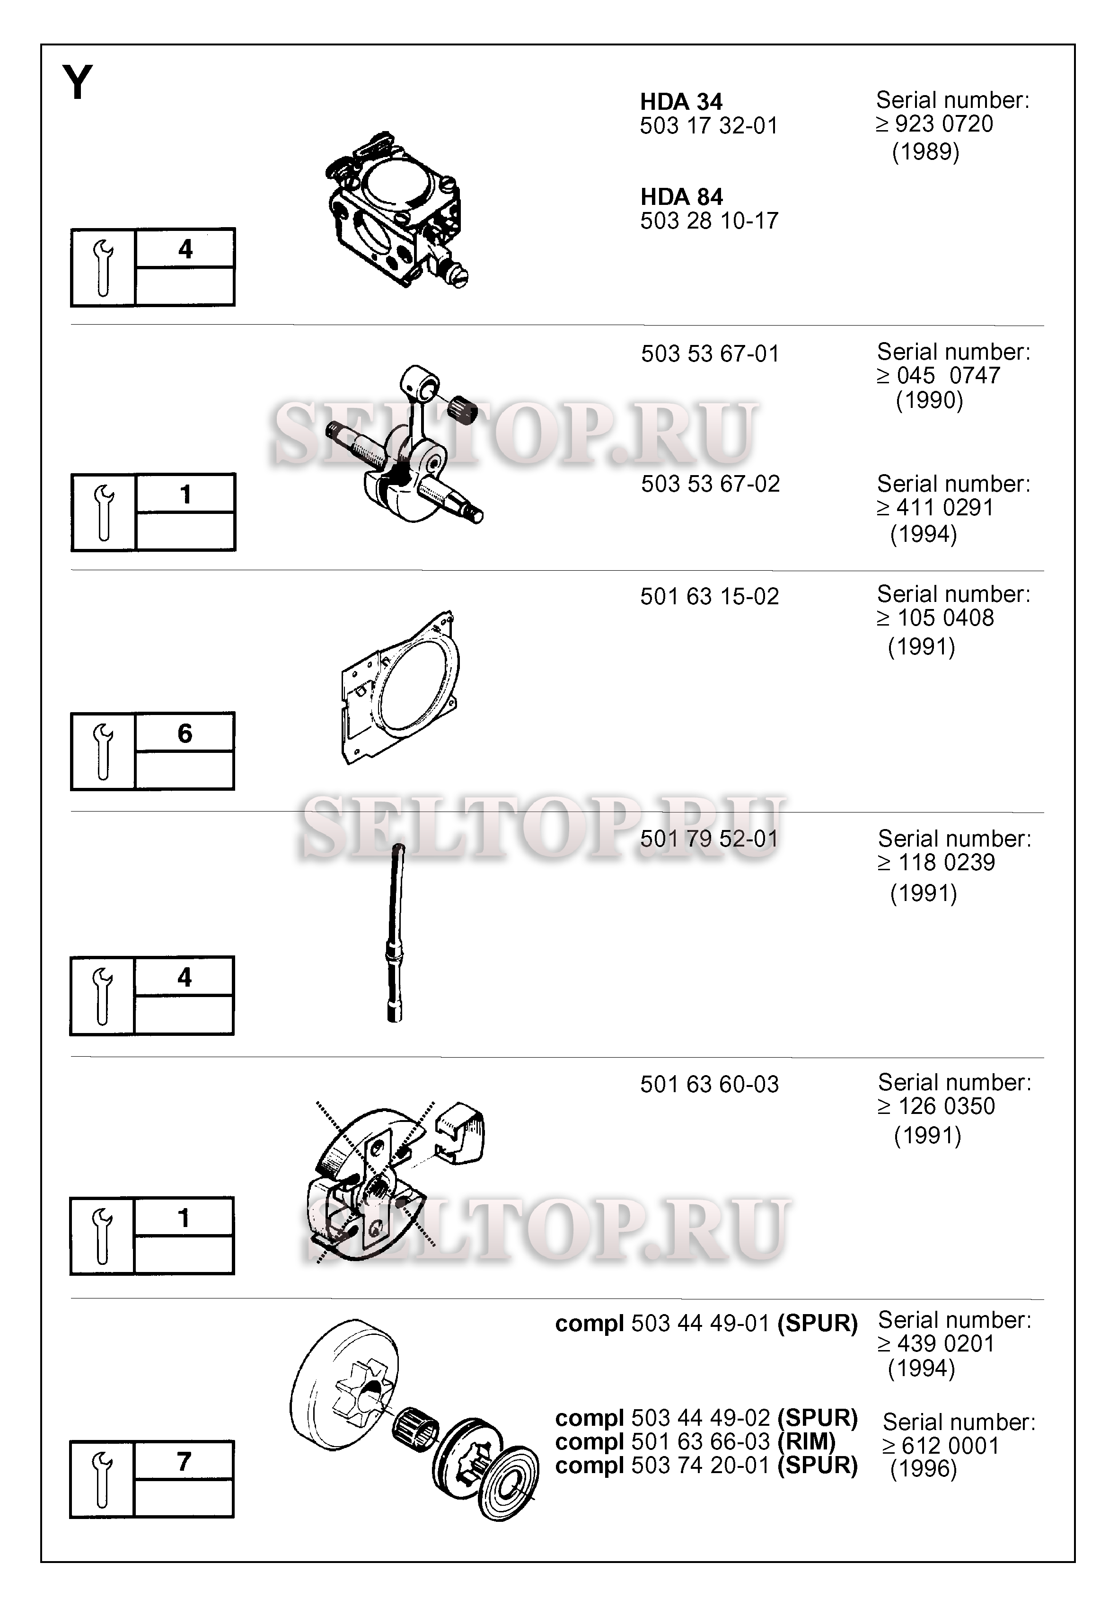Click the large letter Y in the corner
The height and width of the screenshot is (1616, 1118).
[78, 83]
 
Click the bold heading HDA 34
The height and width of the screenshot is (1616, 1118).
[681, 102]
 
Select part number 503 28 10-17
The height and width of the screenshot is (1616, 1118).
[709, 221]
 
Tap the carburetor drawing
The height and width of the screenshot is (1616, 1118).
[395, 208]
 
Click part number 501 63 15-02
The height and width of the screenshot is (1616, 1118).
[710, 597]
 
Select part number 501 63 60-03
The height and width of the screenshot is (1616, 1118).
[710, 1084]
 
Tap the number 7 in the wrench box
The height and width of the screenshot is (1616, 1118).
[184, 1461]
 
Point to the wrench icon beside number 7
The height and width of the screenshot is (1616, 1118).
[103, 1479]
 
